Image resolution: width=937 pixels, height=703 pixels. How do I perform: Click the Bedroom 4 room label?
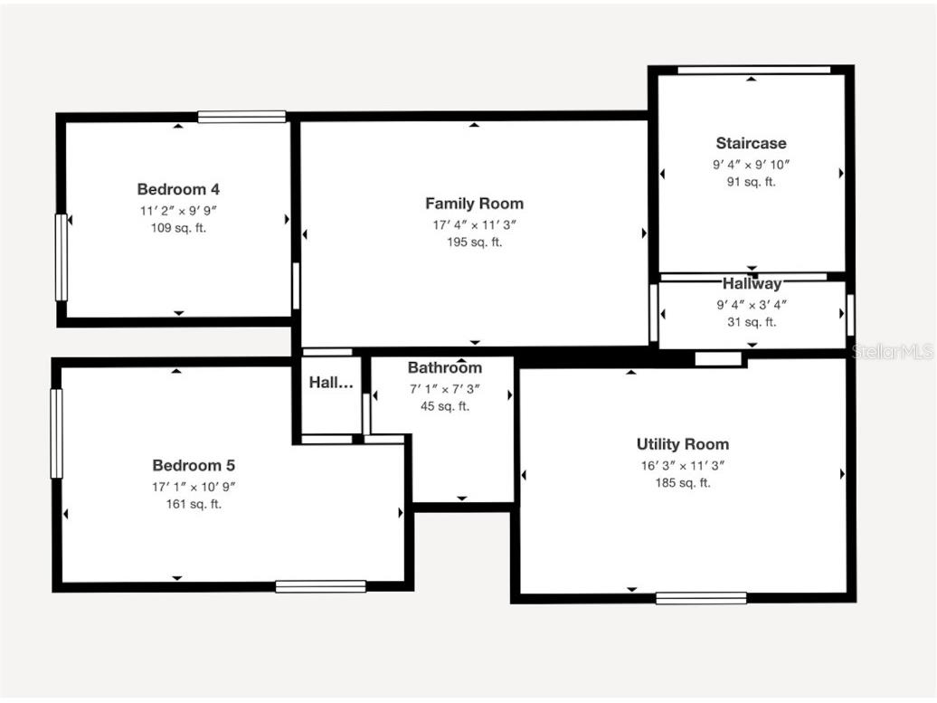coord(178,189)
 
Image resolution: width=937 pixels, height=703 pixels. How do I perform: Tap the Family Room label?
coord(474,204)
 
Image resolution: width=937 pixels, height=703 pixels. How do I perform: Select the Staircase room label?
coord(751,143)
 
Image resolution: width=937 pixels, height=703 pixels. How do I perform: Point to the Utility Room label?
coord(682,444)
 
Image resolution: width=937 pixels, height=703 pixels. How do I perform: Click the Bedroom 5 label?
coord(194,465)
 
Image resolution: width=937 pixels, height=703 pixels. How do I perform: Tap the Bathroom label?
coord(444,367)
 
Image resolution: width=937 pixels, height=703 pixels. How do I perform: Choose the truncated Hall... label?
coord(331,383)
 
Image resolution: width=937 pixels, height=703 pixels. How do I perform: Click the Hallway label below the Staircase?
coord(752,284)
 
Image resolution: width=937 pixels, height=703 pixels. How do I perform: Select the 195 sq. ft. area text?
coord(474,242)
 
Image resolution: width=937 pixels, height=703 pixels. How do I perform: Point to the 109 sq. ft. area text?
coord(178,228)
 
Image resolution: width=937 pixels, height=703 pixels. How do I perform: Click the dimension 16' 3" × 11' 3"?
coord(682,466)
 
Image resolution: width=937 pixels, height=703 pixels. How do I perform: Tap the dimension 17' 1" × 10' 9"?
coord(194,487)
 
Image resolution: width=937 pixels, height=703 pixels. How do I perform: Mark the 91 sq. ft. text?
coord(751,182)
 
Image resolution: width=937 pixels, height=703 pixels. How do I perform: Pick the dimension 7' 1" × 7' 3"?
coord(444,389)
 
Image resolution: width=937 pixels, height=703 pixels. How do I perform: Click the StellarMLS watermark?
coord(893,351)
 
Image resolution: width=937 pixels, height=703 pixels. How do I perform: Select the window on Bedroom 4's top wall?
coord(241,117)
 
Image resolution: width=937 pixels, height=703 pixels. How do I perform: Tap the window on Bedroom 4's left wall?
coord(62,257)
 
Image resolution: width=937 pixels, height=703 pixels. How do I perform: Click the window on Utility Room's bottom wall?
coord(701,597)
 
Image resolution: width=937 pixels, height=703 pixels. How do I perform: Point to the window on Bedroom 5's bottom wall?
coord(320,586)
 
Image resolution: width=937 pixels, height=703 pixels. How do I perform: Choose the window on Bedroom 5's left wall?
coord(57,432)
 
